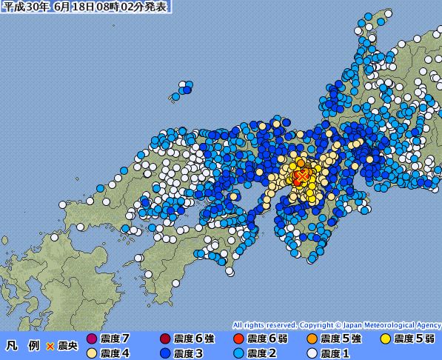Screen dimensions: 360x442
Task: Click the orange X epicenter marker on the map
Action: (301, 177)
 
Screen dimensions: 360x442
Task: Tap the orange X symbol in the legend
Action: (50, 346)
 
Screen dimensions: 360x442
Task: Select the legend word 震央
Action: (67, 346)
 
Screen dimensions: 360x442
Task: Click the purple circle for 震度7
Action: (92, 339)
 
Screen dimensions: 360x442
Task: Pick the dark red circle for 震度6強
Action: (165, 339)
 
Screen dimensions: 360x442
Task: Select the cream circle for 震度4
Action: (92, 353)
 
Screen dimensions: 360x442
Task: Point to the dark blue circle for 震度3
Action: (165, 353)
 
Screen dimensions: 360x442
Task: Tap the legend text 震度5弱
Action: (414, 339)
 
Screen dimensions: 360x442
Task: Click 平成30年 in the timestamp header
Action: (23, 7)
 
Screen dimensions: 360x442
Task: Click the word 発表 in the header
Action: (155, 7)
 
